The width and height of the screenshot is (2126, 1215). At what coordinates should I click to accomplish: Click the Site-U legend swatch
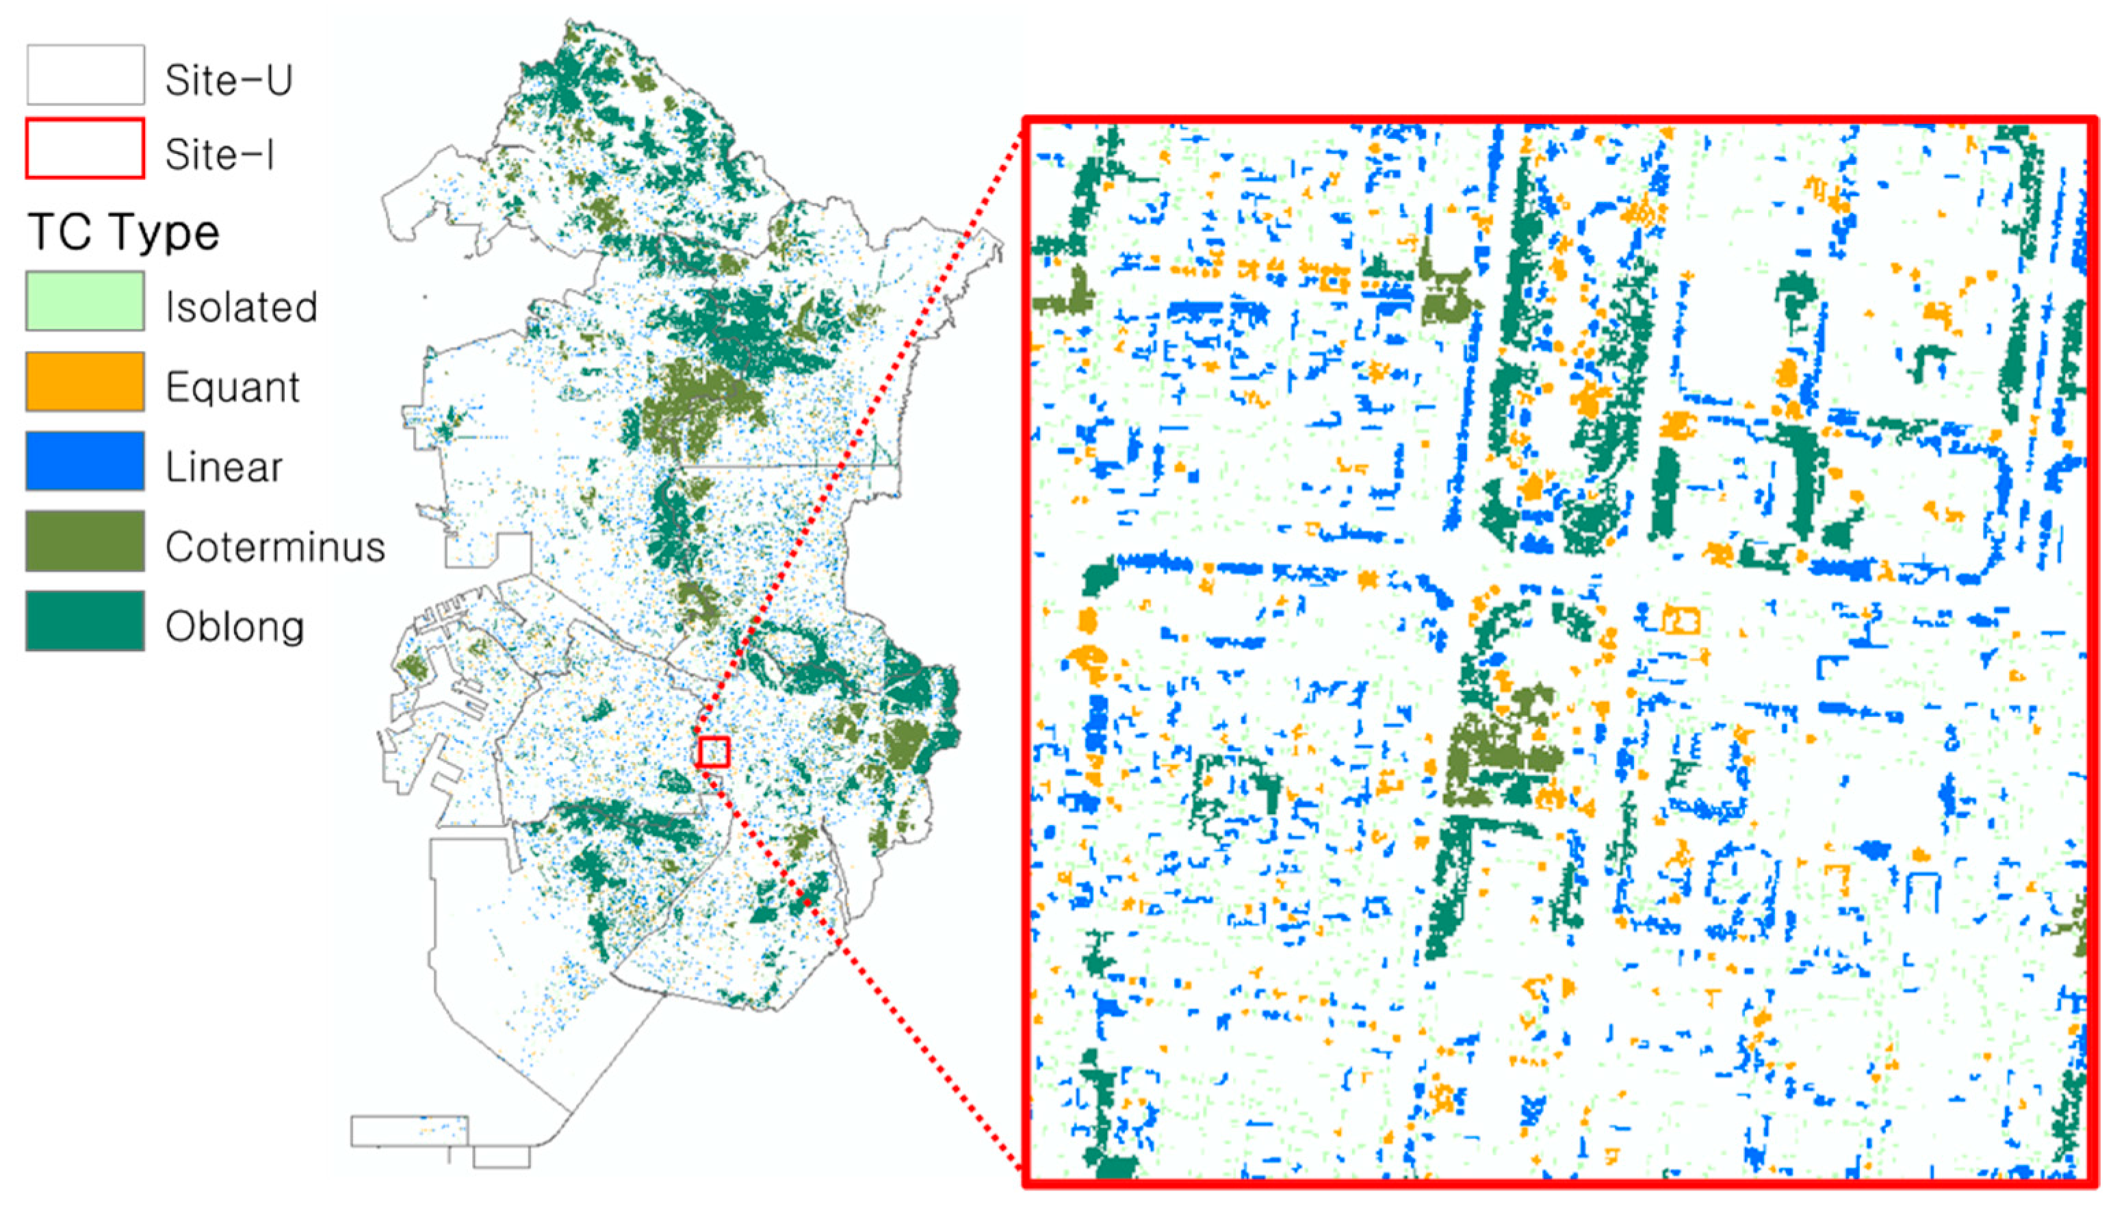pos(85,75)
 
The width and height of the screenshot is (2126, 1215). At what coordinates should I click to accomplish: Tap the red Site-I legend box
pos(85,149)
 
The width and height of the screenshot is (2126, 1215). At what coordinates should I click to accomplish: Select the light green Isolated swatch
pos(85,301)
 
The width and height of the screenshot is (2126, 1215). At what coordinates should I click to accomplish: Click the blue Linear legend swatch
pos(85,460)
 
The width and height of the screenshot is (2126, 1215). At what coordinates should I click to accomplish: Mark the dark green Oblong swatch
pos(85,621)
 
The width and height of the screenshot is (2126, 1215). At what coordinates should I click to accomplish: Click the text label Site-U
pos(229,80)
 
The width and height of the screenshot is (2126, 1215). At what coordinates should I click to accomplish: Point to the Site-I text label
pos(220,155)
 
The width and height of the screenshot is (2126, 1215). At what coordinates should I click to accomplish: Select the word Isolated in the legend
pos(241,307)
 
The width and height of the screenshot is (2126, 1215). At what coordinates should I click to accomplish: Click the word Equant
pos(232,387)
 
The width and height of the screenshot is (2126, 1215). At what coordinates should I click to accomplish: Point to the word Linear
pos(224,467)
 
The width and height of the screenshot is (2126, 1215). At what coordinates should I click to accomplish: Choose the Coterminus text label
pos(274,547)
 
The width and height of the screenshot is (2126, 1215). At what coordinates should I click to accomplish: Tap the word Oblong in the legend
pos(235,627)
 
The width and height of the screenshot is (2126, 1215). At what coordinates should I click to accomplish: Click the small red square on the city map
pos(714,752)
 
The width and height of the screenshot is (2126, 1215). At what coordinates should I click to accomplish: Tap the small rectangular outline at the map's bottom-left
pos(409,1131)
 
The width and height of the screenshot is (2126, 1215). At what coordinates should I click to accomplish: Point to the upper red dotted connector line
pos(859,434)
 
